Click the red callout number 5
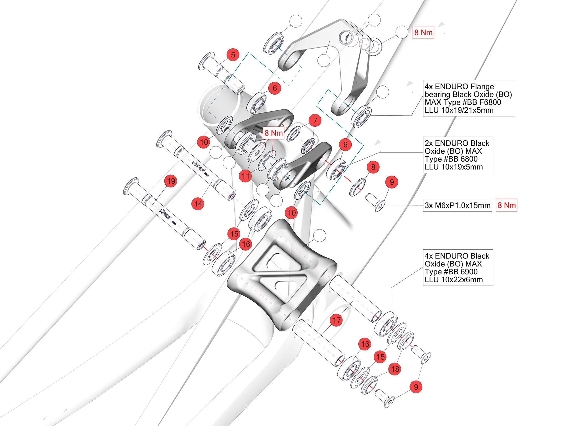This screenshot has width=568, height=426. pos(233,55)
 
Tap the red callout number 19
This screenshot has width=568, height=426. pos(171,181)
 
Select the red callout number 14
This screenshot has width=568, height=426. pos(198,204)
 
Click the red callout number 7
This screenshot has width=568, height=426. pos(315,120)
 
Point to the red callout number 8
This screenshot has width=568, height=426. pos(373,167)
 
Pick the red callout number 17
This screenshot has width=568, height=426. pos(337,320)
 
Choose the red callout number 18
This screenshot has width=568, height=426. pos(395,369)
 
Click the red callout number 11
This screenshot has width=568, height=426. pos(246,176)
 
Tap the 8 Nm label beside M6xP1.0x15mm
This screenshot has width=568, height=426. pos(507,205)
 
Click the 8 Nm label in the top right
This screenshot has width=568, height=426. pos(423,32)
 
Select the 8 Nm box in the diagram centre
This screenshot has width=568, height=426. pos(273,133)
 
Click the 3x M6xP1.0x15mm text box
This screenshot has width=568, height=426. pos(457,205)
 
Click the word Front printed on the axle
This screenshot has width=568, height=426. pos(198,166)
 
